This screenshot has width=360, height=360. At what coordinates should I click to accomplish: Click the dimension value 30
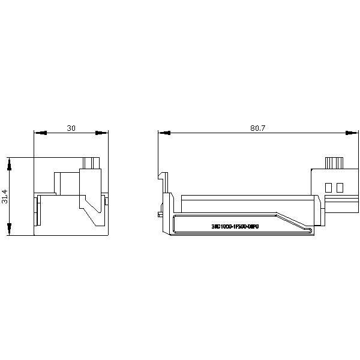coord(71,128)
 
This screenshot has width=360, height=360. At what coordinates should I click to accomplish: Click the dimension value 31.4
coord(5,196)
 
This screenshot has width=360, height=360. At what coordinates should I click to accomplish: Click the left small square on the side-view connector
coord(328,187)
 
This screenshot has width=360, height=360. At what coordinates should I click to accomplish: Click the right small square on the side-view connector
coord(339,187)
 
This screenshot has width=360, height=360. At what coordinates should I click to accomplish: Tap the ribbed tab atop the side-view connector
coord(334,163)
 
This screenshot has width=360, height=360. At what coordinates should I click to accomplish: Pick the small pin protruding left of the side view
coord(158,213)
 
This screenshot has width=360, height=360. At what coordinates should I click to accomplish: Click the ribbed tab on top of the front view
coord(91,163)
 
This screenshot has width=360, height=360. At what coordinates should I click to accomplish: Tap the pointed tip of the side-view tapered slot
coord(310,229)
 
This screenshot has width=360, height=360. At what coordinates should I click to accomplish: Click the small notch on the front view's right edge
coord(107,199)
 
